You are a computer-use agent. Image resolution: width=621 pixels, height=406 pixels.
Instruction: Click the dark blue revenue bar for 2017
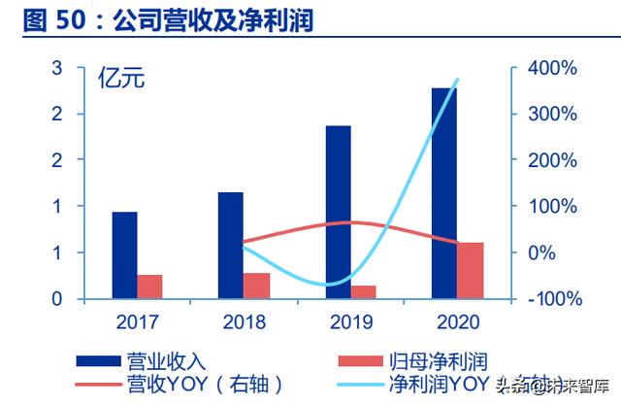124,254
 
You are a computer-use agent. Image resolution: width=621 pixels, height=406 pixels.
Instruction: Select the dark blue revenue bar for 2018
230,245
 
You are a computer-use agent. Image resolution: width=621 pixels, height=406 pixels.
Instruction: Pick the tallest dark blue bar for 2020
444,193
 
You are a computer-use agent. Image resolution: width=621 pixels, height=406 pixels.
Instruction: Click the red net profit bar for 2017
149,287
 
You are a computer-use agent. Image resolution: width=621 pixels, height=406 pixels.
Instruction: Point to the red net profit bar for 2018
256,286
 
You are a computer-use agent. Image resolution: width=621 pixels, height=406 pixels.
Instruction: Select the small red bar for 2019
363,291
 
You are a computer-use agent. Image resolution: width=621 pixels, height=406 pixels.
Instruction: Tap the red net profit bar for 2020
470,270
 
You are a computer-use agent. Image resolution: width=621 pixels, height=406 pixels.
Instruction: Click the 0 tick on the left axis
57,299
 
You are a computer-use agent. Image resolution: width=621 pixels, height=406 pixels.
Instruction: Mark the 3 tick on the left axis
57,68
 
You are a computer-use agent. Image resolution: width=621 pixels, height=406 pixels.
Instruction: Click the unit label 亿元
121,80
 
